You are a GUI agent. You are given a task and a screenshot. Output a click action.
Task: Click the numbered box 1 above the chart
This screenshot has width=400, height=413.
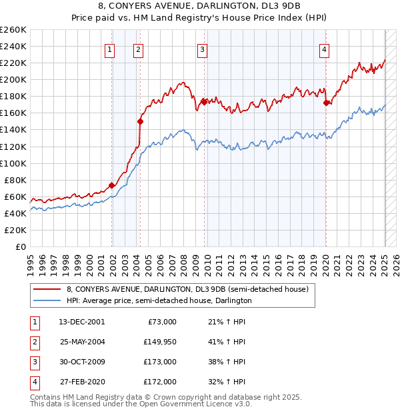109,49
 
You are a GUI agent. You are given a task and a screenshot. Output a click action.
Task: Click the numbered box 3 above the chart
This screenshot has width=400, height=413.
201,49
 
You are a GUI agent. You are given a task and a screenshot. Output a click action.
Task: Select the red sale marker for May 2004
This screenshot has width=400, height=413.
140,121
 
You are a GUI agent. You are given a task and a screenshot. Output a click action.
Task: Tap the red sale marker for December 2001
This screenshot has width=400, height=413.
111,185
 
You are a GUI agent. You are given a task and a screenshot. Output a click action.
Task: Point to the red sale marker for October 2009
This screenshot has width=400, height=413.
203,101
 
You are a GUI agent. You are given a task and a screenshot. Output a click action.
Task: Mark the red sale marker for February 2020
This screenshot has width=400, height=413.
326,103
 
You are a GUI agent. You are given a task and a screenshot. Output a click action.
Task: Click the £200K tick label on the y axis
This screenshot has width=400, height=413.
13,79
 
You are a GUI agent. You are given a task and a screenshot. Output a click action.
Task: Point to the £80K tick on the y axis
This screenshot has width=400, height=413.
16,180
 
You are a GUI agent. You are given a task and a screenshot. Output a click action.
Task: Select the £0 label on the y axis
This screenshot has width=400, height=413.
21,246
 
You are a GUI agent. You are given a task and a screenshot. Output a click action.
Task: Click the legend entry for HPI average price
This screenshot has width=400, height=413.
159,301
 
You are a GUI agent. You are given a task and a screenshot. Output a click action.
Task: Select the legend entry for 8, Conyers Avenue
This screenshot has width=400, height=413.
187,290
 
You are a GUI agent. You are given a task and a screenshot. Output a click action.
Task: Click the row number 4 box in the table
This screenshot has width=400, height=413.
35,382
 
